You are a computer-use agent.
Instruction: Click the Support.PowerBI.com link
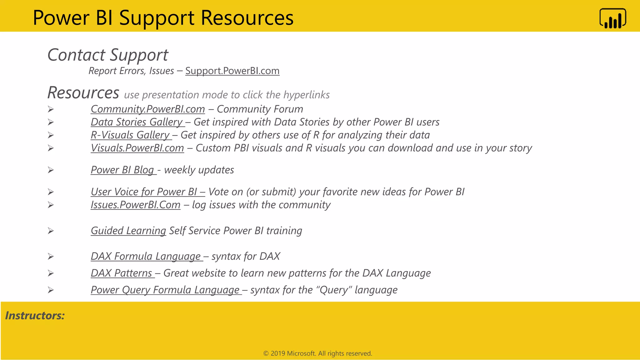point(232,71)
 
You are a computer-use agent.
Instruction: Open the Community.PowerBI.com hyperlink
point(147,109)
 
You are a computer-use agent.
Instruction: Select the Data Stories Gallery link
point(137,122)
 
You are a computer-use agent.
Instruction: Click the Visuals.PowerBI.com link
point(137,148)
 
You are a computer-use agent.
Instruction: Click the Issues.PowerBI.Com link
point(135,205)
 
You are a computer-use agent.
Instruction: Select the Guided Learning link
point(128,231)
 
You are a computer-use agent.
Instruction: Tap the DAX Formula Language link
point(146,256)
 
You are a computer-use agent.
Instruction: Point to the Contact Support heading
point(108,55)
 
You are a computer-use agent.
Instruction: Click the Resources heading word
point(83,93)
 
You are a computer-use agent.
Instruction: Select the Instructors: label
point(35,316)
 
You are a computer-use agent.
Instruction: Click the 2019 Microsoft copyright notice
point(317,353)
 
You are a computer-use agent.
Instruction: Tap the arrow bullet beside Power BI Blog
point(51,170)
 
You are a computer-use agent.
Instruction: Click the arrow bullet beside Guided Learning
point(51,231)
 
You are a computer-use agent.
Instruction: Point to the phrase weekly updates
point(199,170)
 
